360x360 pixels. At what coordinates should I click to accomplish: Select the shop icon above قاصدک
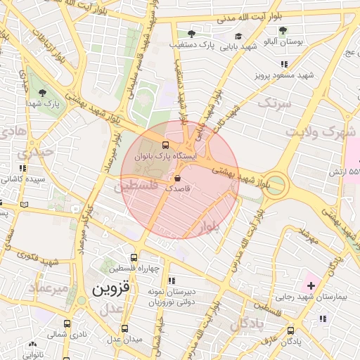coord(176,178)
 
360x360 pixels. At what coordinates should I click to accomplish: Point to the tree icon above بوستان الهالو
coord(283,30)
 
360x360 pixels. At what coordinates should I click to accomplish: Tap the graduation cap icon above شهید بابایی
coord(238,37)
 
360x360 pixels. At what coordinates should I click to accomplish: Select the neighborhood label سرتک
coord(274,103)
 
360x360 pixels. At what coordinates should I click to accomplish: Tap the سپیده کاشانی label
coord(24,179)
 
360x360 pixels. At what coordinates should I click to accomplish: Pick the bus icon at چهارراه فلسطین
coord(134,257)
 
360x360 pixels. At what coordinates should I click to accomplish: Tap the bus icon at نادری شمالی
coord(67,324)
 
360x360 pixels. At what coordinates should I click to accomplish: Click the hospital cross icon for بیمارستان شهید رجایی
coord(311,286)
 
